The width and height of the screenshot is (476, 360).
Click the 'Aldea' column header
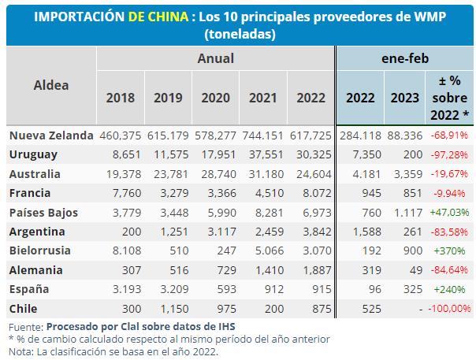51,85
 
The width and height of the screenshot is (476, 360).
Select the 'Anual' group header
215,58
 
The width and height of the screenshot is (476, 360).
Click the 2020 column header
215,98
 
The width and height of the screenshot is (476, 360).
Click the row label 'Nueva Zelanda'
51,136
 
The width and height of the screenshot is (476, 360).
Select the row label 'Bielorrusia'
40,251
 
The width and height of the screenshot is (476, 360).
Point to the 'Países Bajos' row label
44,213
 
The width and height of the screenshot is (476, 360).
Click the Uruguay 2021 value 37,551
263,155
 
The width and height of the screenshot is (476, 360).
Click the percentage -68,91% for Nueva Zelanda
451,136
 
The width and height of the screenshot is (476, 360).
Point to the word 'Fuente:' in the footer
24,326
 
